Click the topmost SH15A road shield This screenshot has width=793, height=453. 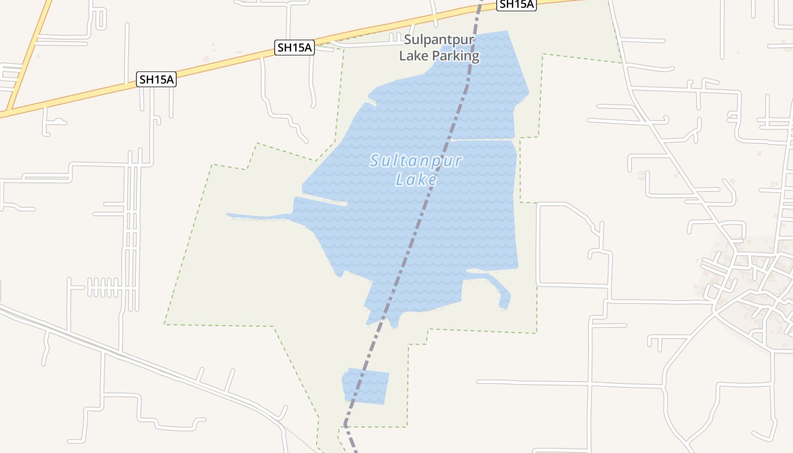pos(516,5)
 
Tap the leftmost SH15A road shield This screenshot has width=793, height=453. pos(156,79)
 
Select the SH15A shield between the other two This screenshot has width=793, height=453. pos(295,48)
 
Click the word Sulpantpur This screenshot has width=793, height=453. pos(439,40)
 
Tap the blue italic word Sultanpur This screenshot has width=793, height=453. pos(416,161)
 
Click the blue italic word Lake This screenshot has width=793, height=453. pos(416,180)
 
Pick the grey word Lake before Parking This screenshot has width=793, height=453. pos(413,56)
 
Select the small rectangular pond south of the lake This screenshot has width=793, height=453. pos(366,386)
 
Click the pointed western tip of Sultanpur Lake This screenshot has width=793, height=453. pos(229,215)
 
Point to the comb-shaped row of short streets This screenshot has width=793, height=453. pos(105,287)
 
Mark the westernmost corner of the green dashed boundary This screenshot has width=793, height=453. pos(165,324)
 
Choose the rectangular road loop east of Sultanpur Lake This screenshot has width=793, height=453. pos(572,243)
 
